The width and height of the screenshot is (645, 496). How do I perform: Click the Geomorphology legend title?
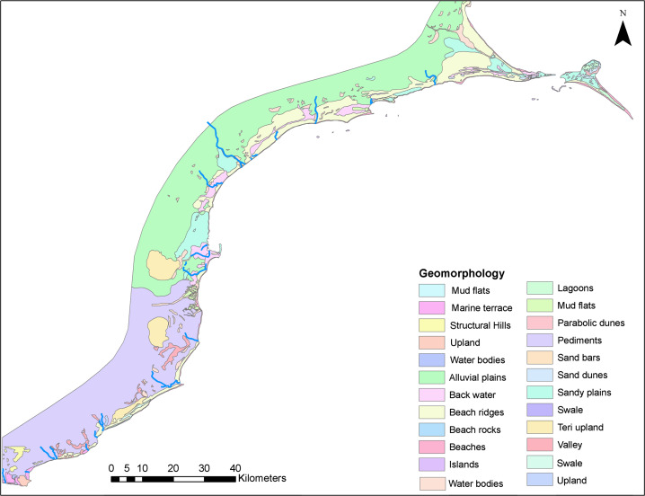click(x=462, y=272)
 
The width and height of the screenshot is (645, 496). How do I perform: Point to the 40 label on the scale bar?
click(x=234, y=467)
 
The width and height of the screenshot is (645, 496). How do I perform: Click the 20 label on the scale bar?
click(x=173, y=467)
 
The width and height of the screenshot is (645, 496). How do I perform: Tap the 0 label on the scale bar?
click(x=111, y=467)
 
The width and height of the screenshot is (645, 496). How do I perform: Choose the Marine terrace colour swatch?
click(x=433, y=308)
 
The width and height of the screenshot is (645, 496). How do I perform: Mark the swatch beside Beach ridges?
click(x=433, y=412)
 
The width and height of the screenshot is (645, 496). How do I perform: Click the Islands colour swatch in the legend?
click(x=433, y=465)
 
